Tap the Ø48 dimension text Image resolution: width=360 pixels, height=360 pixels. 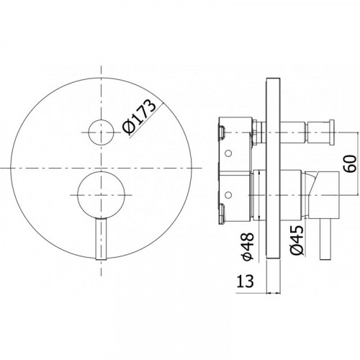click(248, 246)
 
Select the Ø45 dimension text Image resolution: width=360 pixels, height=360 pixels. click(297, 240)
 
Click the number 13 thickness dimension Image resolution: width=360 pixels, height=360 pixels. click(245, 281)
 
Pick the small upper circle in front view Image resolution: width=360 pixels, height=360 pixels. click(101, 132)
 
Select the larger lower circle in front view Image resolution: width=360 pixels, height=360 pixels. click(102, 195)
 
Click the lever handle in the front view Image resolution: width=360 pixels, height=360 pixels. click(101, 239)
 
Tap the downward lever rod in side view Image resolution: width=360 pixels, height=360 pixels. click(325, 239)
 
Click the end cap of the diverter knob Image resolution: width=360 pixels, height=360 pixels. click(331, 132)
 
